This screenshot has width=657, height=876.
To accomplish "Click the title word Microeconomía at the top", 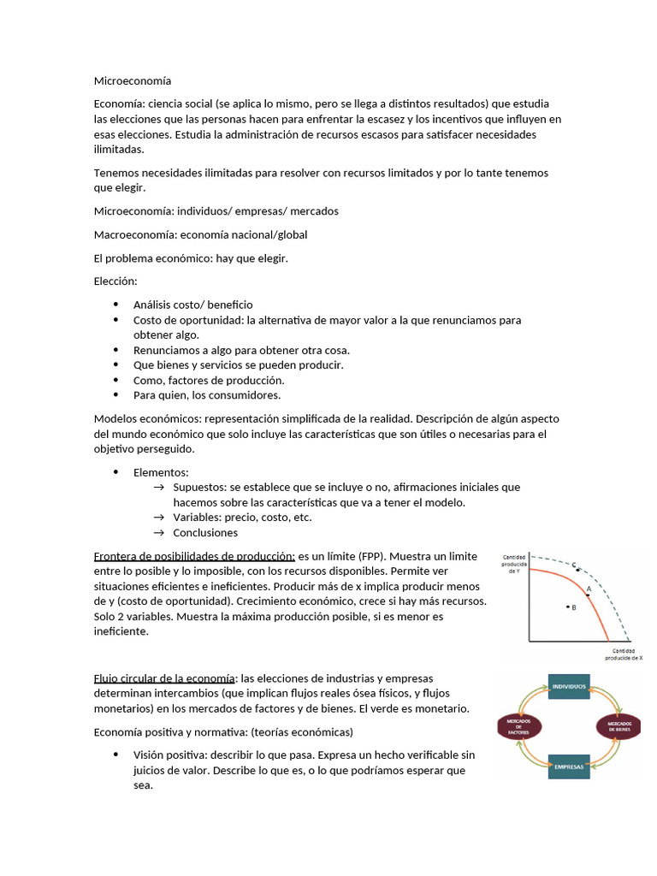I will click(x=132, y=81).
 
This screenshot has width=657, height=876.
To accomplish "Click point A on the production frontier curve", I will click(x=588, y=593).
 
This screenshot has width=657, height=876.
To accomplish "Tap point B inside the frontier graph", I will click(x=567, y=607).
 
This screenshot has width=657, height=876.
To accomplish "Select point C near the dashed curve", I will click(x=577, y=568).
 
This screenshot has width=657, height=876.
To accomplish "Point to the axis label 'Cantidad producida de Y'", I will click(x=513, y=564).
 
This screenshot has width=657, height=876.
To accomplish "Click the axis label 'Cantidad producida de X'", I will click(x=623, y=654).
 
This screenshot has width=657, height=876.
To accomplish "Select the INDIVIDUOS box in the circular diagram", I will click(x=569, y=687).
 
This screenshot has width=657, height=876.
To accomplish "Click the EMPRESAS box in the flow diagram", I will click(x=569, y=766).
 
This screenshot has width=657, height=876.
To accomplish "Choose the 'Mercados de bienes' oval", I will click(x=619, y=727).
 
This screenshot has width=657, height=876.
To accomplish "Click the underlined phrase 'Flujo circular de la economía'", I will click(x=164, y=678).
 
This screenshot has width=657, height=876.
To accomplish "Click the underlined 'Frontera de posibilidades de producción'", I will click(x=194, y=555).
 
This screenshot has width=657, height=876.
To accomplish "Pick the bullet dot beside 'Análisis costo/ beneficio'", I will click(x=115, y=305).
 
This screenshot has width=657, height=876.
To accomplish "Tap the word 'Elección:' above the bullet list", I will click(x=115, y=281).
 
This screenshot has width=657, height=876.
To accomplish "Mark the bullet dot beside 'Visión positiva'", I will click(x=115, y=755).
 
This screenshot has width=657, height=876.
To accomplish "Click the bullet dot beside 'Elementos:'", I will click(x=115, y=472).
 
